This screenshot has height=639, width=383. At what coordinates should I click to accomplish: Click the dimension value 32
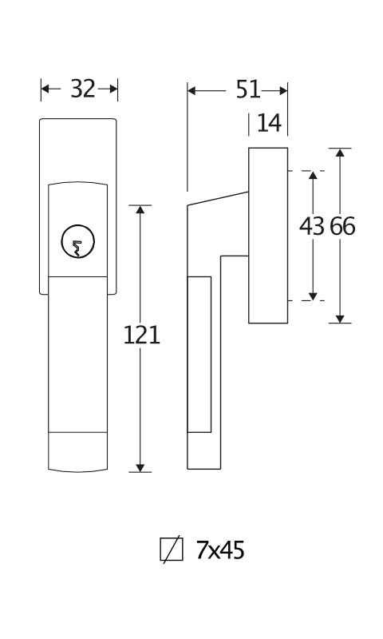(83, 89)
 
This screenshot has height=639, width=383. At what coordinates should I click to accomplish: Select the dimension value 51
(248, 89)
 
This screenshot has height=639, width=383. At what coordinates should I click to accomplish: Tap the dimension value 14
(270, 123)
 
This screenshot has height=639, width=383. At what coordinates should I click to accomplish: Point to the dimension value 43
(312, 226)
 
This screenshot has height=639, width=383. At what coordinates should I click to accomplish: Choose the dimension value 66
(342, 226)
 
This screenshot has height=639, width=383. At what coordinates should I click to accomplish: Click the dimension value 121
(142, 335)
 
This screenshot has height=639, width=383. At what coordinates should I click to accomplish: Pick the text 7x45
(220, 550)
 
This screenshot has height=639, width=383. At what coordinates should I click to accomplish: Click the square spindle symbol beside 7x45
(172, 550)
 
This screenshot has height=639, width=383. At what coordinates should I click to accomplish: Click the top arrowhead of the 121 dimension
(140, 209)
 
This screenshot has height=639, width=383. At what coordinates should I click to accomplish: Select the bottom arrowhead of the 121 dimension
(140, 468)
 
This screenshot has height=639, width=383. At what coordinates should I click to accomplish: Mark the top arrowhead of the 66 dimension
(340, 152)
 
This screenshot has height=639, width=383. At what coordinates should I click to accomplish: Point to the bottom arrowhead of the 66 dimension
(340, 319)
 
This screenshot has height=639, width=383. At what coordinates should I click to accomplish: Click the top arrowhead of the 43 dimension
(313, 175)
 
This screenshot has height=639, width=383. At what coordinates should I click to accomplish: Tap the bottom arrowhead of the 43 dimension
(313, 296)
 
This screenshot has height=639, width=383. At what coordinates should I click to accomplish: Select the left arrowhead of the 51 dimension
(191, 91)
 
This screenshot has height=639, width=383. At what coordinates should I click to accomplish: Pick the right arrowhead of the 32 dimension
(113, 89)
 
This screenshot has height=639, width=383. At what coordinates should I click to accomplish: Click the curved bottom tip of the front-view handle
(77, 472)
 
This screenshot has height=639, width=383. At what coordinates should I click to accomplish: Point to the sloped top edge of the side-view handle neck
(218, 198)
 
